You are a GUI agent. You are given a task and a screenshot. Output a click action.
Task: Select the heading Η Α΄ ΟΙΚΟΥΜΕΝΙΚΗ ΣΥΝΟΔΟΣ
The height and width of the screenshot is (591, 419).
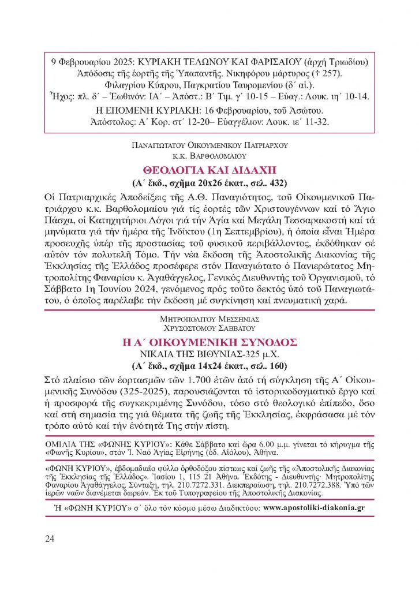tap(209, 342)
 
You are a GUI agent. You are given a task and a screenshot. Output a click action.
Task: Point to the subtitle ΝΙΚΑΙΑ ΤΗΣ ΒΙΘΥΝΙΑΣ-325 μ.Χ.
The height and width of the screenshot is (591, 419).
tap(209, 354)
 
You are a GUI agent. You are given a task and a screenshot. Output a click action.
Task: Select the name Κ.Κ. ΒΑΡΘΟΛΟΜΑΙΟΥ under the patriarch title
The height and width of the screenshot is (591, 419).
tap(209, 155)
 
